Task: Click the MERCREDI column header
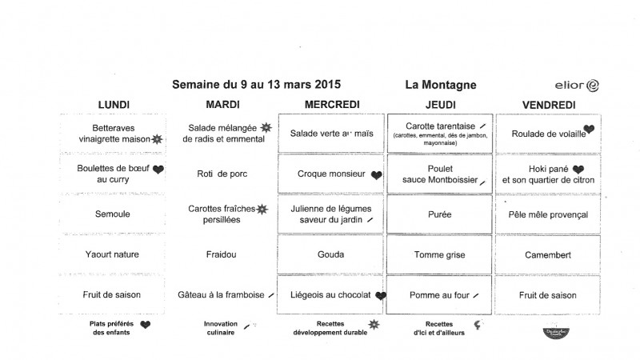click(x=332, y=105)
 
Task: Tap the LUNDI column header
click(x=114, y=105)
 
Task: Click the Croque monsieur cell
click(x=331, y=174)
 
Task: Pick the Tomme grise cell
click(x=440, y=255)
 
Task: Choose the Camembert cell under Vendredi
click(x=549, y=255)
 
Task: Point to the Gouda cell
click(x=331, y=255)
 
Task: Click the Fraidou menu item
click(x=222, y=255)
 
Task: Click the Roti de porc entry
click(x=222, y=174)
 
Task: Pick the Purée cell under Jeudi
click(x=440, y=214)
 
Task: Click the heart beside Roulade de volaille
click(x=589, y=129)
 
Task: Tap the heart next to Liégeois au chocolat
click(x=381, y=295)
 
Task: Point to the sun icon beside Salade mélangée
click(x=266, y=127)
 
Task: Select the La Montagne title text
click(x=441, y=84)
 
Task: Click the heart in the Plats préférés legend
click(x=146, y=325)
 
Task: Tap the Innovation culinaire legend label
click(x=219, y=328)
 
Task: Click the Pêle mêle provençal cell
click(x=549, y=214)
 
